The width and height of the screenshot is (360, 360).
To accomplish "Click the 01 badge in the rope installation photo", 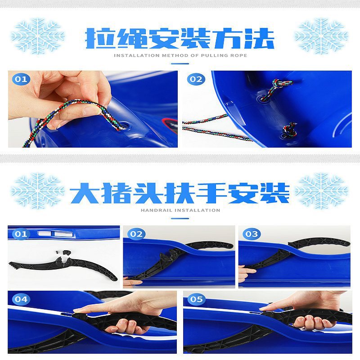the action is pyautogui.click(x=21, y=79).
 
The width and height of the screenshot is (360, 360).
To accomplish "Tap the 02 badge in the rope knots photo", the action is pyautogui.click(x=196, y=79).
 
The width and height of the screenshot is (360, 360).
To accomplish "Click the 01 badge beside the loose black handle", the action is pyautogui.click(x=21, y=234).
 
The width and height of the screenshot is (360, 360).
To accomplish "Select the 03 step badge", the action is pyautogui.click(x=252, y=234).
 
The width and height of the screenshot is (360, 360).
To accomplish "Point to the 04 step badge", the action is pyautogui.click(x=21, y=299).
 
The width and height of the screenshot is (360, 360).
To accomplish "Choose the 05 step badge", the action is pyautogui.click(x=196, y=299).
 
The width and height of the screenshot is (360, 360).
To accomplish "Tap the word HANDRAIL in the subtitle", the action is pyautogui.click(x=156, y=210).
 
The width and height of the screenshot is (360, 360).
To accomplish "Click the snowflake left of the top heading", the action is pyautogui.click(x=38, y=36).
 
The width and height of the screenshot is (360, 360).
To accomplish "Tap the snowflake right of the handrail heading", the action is pyautogui.click(x=321, y=191).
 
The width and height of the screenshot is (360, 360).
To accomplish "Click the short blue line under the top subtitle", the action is pyautogui.click(x=180, y=63).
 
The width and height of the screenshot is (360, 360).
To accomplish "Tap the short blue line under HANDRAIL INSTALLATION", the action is pyautogui.click(x=180, y=218).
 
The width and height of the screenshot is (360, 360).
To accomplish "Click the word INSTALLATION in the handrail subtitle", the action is pyautogui.click(x=197, y=210).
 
